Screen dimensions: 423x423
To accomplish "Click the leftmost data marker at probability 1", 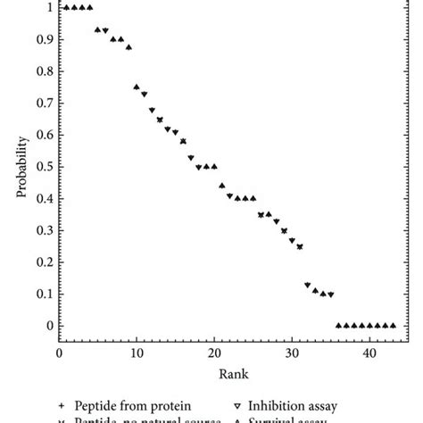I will (66, 7).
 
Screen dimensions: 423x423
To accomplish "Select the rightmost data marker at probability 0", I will (393, 325).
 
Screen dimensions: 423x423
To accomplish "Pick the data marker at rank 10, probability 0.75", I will (137, 87).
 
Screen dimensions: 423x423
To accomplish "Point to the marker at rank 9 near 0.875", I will (129, 47).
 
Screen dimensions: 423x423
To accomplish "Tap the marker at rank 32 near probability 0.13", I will (308, 285).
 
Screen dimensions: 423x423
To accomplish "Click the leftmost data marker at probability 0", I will (338, 325).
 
